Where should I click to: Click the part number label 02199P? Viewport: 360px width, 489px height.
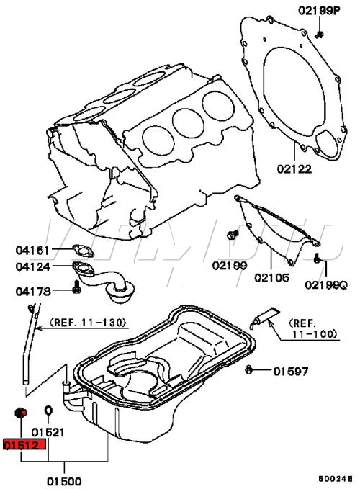(319, 11)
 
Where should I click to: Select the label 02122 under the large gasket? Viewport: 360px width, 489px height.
(294, 169)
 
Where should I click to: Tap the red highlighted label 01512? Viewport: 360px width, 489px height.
(24, 444)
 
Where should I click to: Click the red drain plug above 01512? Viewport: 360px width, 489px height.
(21, 413)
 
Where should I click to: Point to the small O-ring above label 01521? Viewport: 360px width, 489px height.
(48, 411)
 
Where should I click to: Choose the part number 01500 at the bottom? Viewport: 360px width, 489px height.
(64, 481)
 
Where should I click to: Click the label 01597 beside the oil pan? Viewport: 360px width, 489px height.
(290, 371)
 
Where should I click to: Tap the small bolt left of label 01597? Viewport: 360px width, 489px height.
(248, 370)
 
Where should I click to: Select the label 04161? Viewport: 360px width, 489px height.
(32, 250)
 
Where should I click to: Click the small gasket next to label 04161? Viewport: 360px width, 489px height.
(84, 251)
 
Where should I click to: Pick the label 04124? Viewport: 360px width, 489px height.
(32, 266)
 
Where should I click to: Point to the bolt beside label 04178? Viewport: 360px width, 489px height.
(76, 287)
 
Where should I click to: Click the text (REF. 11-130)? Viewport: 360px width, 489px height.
(88, 322)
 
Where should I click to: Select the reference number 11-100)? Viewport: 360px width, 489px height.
(315, 334)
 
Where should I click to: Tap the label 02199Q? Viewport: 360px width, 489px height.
(325, 284)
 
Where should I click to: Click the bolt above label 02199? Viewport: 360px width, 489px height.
(233, 235)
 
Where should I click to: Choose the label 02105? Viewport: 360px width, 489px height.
(271, 277)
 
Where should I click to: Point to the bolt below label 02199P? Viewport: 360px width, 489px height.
(319, 35)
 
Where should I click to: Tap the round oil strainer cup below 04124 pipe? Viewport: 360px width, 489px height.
(121, 292)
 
